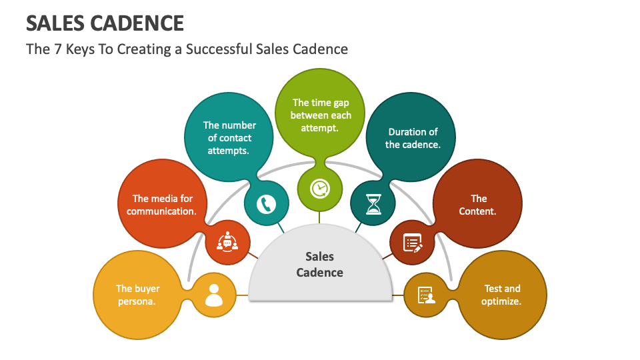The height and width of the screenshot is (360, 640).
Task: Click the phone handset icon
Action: pos(267,203)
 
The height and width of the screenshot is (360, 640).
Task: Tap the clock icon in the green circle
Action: pos(320,189)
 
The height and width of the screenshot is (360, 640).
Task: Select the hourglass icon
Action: pos(373,203)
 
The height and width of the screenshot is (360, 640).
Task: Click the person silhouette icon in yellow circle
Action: pos(213,295)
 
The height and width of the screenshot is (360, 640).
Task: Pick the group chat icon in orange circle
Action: pos(228,242)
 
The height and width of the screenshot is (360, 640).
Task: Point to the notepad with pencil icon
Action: pos(413,243)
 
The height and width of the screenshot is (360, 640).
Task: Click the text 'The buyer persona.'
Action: pos(137,295)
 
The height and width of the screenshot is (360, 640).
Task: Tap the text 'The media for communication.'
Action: pos(162,205)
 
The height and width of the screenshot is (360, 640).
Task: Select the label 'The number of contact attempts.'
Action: pos(229,138)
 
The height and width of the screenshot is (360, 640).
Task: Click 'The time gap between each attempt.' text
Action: pos(320,115)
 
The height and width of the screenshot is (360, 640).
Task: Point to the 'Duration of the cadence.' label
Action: pos(413,138)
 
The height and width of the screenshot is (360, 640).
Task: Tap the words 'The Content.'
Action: pos(478,205)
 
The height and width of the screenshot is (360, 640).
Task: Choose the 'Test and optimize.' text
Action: pos(502,295)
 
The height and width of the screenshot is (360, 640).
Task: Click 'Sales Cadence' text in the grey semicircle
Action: pos(320,264)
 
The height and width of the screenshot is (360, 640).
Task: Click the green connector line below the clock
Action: pos(320,217)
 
